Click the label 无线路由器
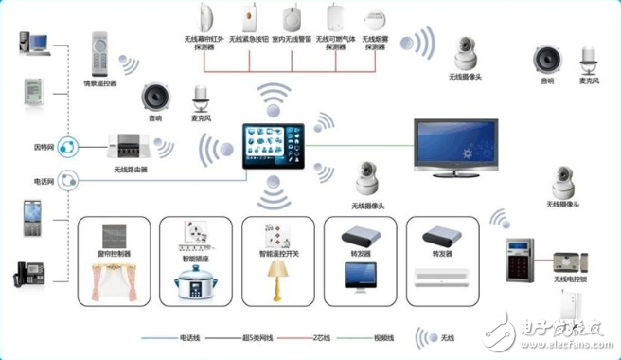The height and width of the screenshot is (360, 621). pyautogui.click(x=124, y=170)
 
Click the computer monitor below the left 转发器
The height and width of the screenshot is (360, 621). pyautogui.click(x=362, y=276)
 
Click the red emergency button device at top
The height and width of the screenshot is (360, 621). pyautogui.click(x=250, y=17)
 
